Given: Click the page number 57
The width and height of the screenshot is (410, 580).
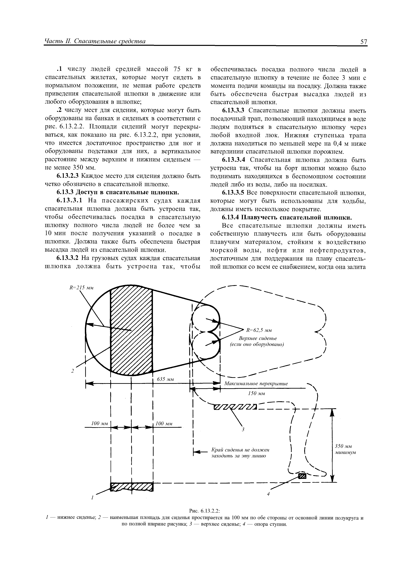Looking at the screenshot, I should click(x=364, y=42).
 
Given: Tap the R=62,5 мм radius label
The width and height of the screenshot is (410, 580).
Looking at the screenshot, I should click(x=259, y=330).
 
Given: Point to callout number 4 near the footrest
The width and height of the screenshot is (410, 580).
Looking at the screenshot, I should click(x=269, y=494).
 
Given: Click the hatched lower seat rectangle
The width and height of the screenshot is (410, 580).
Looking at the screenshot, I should click(x=132, y=487).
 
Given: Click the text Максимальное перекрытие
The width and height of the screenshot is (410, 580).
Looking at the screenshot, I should click(x=256, y=384).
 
